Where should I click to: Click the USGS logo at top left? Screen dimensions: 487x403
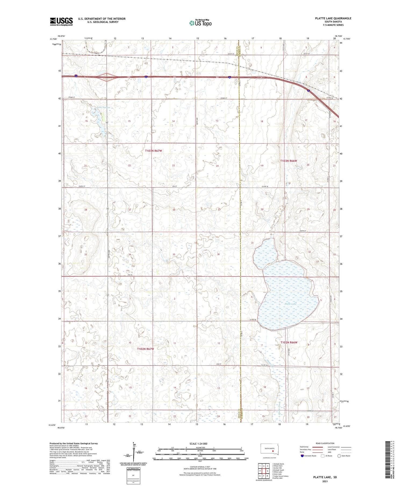[x=61, y=21]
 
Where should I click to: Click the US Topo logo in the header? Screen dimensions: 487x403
[x=200, y=23]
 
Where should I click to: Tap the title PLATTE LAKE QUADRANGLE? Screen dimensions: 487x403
[x=333, y=18]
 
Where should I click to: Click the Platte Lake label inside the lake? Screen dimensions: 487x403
[x=290, y=304]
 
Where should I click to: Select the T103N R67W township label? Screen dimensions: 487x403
[x=153, y=151]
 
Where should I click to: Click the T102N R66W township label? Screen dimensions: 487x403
[x=289, y=342]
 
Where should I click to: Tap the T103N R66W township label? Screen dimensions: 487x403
[x=289, y=161]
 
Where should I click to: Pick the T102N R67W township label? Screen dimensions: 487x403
[x=145, y=349]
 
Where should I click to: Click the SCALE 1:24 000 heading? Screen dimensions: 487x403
[x=200, y=443]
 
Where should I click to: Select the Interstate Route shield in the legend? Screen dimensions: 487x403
[x=302, y=456]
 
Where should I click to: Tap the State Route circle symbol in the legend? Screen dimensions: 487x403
[x=339, y=456]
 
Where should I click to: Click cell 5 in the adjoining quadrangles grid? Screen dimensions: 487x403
[x=268, y=471]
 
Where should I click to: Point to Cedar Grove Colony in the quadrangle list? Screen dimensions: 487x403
[x=280, y=476]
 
